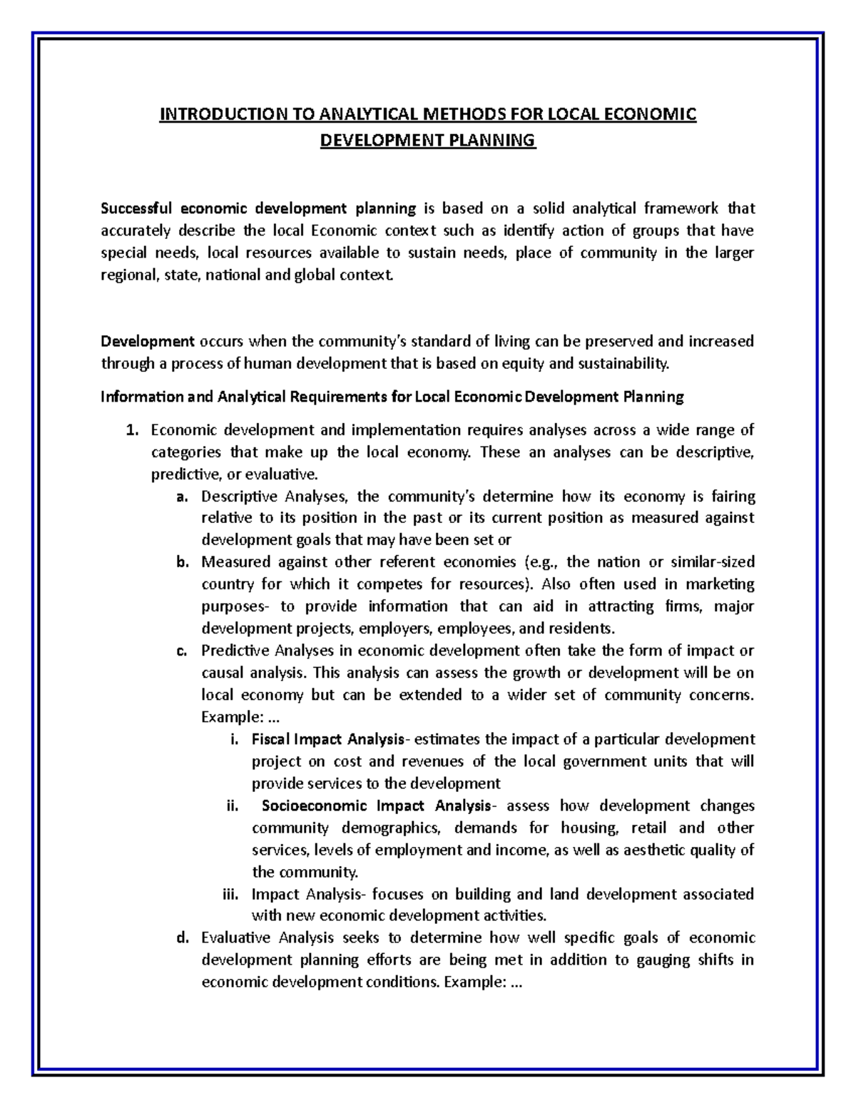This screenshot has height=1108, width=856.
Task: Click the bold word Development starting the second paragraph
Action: click(148, 341)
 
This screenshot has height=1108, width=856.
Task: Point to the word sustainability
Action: click(623, 364)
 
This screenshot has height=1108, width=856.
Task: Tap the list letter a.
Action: click(181, 497)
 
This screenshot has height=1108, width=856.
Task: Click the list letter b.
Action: click(181, 562)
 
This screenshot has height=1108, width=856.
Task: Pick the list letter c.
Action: click(181, 651)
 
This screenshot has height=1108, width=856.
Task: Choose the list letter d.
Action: click(181, 938)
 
